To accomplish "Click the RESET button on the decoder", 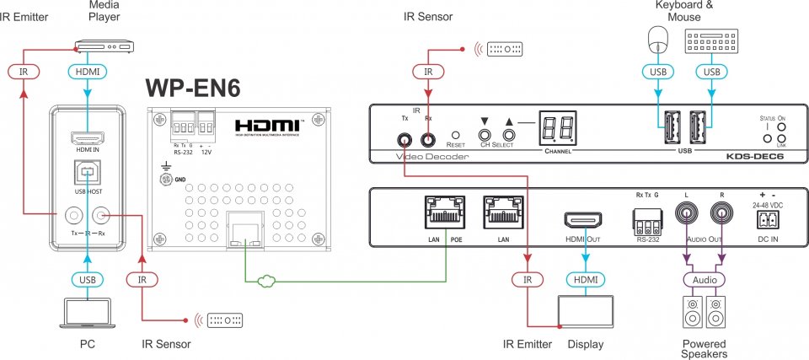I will (x=455, y=134).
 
